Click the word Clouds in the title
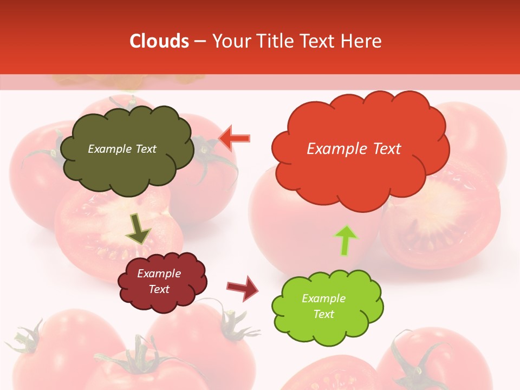(x=159, y=41)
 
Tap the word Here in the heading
(x=361, y=41)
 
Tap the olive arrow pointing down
(x=139, y=229)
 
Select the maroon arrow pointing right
(x=243, y=288)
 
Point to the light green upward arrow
(x=346, y=240)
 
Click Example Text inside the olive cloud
(x=122, y=149)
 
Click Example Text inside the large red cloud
(x=354, y=149)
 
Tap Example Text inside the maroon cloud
(x=159, y=281)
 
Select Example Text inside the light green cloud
(x=323, y=306)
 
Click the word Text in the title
(x=320, y=41)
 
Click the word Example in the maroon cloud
(x=159, y=274)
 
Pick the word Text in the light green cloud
(x=323, y=314)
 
